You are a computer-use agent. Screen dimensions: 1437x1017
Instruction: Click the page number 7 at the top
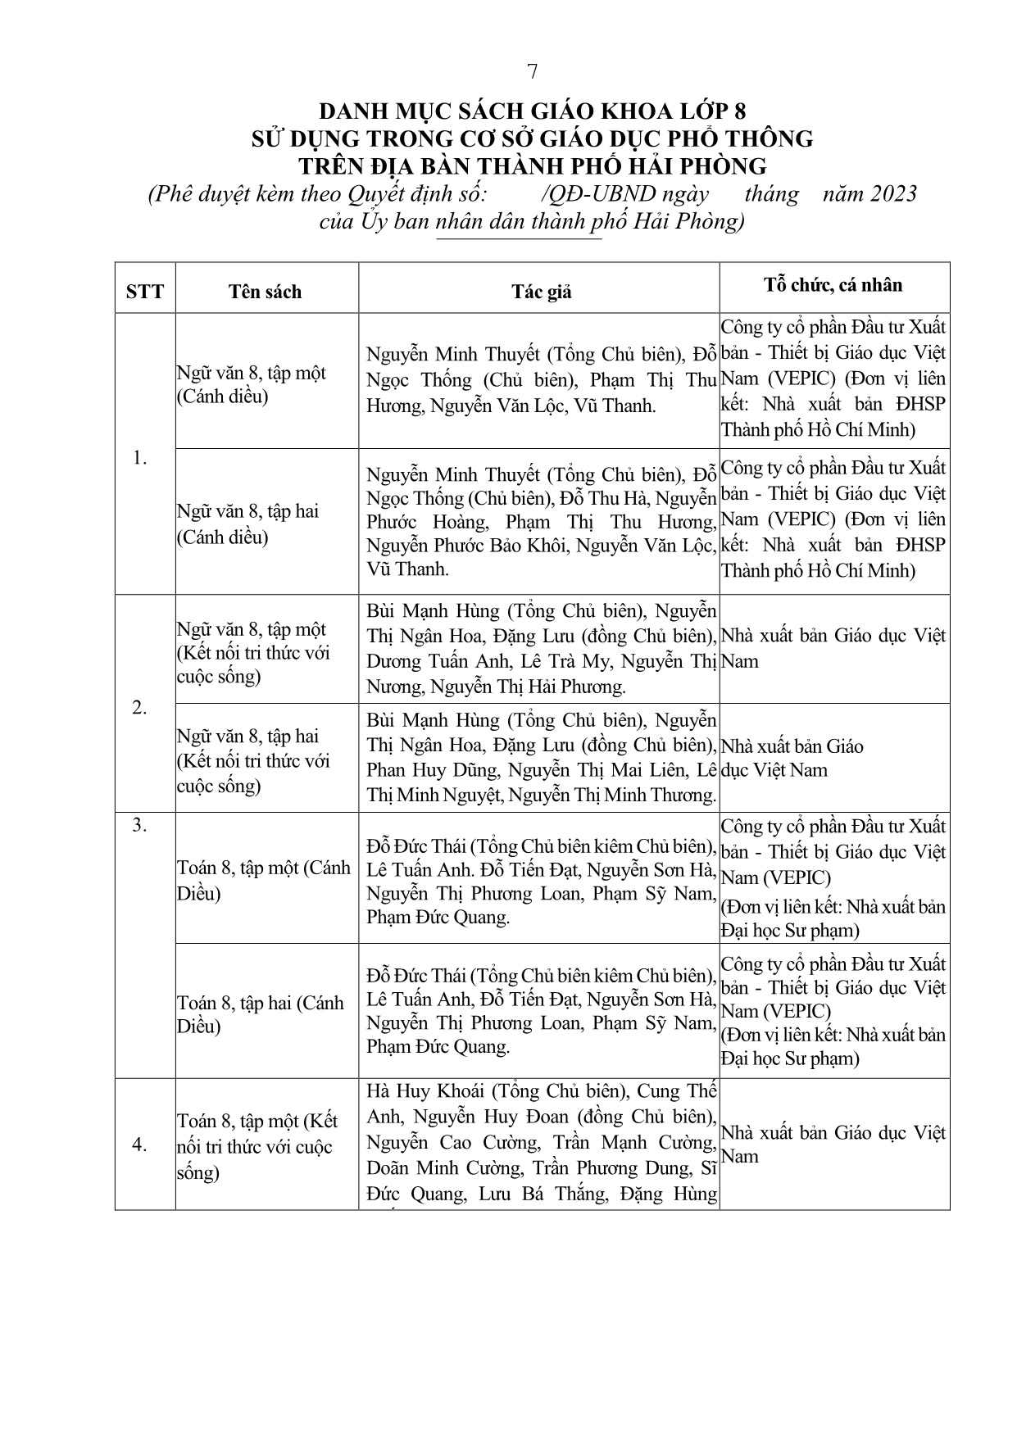coord(533,72)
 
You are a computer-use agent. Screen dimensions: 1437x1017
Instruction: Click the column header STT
coord(145,292)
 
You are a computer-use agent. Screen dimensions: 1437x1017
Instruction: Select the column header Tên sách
coord(266,292)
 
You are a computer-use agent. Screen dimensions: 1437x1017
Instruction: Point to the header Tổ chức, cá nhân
coord(833,284)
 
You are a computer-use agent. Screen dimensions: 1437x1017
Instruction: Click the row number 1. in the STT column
coord(140,459)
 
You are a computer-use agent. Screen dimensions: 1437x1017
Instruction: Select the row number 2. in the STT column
coord(140,708)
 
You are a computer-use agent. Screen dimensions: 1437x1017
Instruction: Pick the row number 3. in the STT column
coord(140,825)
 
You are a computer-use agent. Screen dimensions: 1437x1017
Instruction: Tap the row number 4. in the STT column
coord(140,1145)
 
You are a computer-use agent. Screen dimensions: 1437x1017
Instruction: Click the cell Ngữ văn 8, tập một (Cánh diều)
coord(251,385)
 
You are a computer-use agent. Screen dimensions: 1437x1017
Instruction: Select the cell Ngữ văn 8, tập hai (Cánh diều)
coord(247,524)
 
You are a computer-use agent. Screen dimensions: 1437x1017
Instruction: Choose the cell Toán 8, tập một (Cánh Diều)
coord(263,880)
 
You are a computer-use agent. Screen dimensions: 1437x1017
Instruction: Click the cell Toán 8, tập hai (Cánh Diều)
coord(260,1014)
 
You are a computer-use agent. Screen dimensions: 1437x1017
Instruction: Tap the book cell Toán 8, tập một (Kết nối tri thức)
coord(257,1146)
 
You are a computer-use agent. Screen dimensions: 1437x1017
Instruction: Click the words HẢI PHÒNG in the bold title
coord(696,166)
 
